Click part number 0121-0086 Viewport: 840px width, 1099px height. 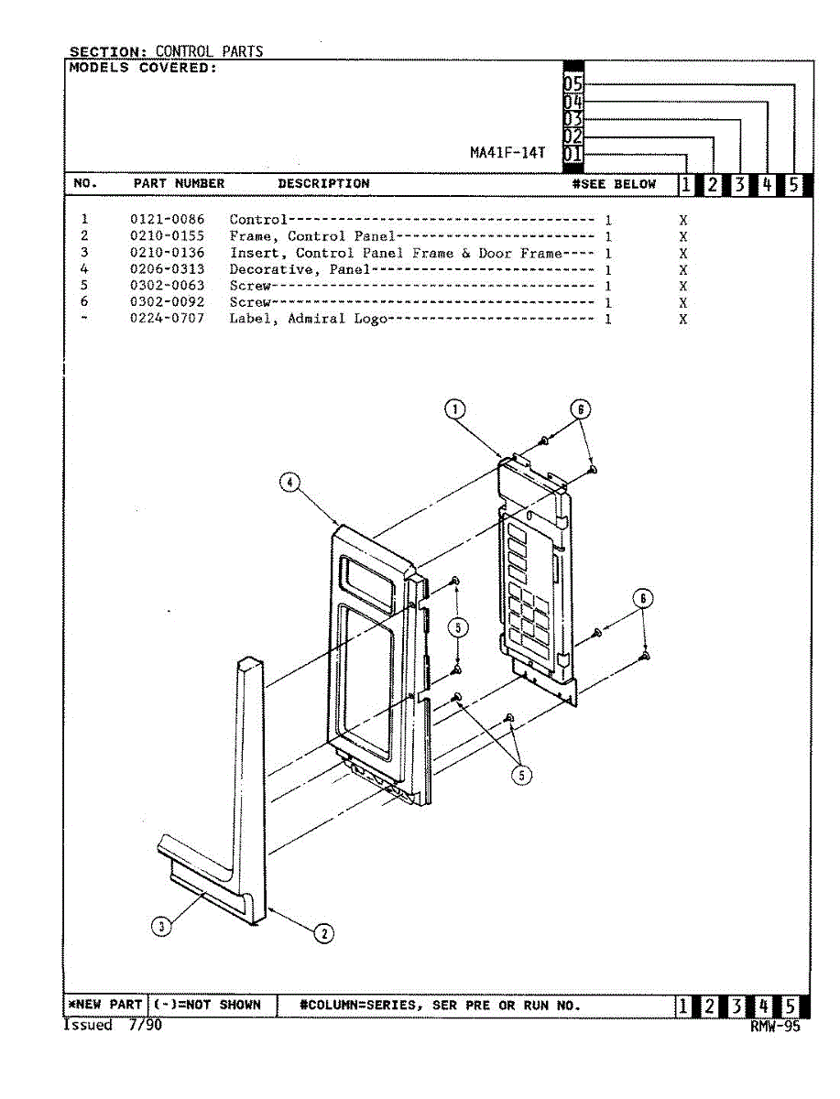point(168,219)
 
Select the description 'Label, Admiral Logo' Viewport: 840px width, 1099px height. point(309,319)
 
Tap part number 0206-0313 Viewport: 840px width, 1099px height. point(168,269)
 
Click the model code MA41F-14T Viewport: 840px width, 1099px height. point(507,153)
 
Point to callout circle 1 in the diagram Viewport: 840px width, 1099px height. point(454,409)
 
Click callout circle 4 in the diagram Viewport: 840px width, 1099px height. point(289,482)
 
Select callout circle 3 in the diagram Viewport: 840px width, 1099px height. point(161,926)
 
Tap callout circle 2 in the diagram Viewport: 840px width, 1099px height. point(324,933)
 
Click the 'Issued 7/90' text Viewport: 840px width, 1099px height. point(113,1026)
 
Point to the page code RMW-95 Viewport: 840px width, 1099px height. point(775,1027)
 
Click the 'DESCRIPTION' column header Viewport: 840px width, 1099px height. point(324,184)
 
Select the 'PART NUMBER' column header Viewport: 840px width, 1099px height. point(179,184)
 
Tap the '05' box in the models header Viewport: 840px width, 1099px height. point(573,83)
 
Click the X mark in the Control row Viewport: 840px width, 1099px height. point(682,221)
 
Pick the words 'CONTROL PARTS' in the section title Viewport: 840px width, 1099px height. point(209,51)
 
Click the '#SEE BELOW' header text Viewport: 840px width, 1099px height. point(614,184)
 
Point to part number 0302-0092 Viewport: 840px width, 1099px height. point(168,302)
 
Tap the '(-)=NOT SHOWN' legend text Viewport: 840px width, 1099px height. point(207,1005)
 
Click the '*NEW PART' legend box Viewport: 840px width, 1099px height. point(105,1005)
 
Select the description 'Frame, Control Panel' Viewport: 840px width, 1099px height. point(312,236)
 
